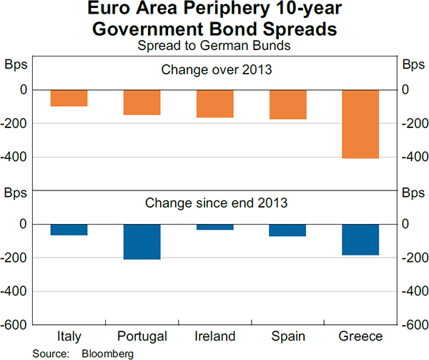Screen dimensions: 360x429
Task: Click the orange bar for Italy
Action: point(69,98)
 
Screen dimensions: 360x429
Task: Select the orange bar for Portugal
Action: point(142,102)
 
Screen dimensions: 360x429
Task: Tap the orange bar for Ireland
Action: point(215,104)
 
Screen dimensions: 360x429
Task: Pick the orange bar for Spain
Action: point(288,104)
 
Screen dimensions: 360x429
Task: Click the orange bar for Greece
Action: point(361,124)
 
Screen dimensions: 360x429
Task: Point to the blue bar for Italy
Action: point(69,230)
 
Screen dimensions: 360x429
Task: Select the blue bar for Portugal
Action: point(142,242)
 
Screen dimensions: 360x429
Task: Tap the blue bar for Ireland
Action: point(215,227)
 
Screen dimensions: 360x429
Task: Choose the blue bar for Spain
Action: point(288,230)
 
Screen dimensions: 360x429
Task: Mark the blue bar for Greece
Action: point(361,240)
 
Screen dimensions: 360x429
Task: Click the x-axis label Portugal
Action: point(142,336)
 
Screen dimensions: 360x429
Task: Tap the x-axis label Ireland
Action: point(215,336)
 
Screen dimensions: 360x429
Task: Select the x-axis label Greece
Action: point(361,336)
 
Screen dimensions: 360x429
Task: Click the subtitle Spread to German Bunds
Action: point(215,46)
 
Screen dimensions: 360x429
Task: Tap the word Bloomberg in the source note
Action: point(108,354)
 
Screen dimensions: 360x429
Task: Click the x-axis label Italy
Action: point(69,336)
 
